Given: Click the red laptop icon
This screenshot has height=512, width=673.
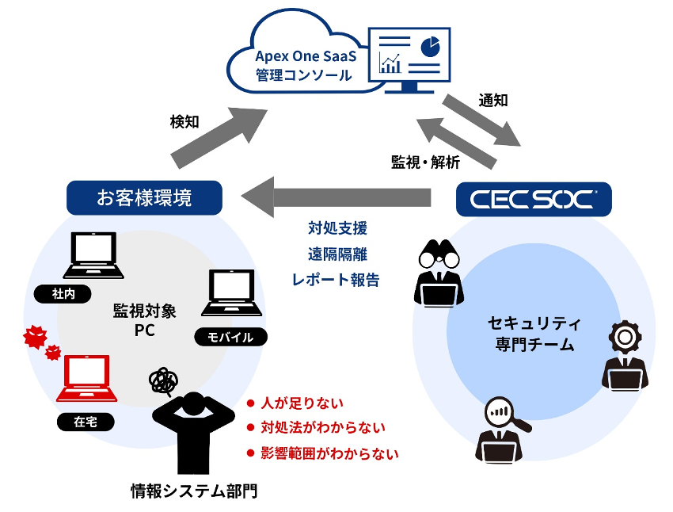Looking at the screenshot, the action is click(x=87, y=378).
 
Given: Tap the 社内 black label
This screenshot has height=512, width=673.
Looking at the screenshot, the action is click(x=63, y=294).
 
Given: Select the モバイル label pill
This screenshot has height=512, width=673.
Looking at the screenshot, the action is click(x=231, y=337).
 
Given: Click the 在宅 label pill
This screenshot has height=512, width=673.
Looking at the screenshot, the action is click(x=86, y=422).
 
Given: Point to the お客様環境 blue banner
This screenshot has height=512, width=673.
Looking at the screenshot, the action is click(x=144, y=197).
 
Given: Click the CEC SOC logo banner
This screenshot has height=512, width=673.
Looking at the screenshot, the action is click(x=534, y=199).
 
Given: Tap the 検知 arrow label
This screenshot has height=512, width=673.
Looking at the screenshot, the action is click(x=184, y=121).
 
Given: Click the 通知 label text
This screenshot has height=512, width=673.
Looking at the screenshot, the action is click(x=493, y=100).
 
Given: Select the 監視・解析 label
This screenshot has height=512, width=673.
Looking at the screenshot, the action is click(x=425, y=162).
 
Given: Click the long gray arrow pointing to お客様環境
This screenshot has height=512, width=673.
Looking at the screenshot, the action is click(x=336, y=197).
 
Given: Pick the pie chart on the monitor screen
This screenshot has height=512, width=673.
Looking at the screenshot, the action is click(x=431, y=47).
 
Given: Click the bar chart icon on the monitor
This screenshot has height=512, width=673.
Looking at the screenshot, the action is click(x=390, y=63).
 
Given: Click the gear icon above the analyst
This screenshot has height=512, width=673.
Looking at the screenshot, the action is click(x=625, y=338).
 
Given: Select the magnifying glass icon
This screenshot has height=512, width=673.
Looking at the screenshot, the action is click(x=506, y=415).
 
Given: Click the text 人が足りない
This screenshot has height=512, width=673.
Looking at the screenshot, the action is click(x=302, y=403).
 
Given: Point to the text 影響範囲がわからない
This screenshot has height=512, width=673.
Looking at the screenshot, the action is click(x=329, y=453).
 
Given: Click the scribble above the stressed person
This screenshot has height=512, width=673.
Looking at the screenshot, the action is click(x=163, y=381).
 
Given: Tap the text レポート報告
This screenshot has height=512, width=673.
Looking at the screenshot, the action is click(x=336, y=280).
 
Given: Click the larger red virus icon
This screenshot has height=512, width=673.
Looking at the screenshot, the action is click(x=35, y=337).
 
